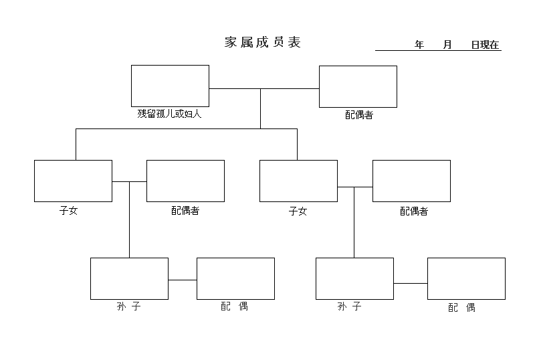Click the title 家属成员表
[x=262, y=42]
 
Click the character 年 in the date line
[x=419, y=45]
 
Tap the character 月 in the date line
[x=447, y=45]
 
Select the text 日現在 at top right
[x=485, y=45]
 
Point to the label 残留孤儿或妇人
[x=169, y=114]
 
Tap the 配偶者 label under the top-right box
[x=359, y=115]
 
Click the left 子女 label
[x=68, y=210]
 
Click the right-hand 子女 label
[x=298, y=211]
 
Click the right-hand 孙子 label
[x=349, y=306]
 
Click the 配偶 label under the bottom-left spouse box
[x=235, y=306]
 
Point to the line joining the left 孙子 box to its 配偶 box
[x=183, y=280]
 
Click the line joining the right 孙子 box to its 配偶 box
[x=411, y=283]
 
